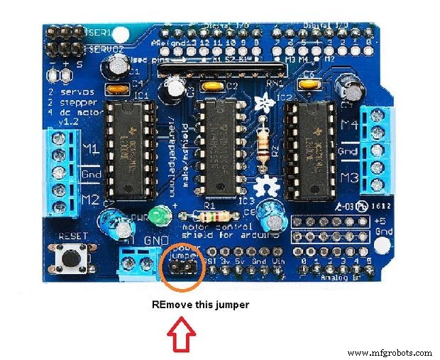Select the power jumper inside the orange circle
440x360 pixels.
(x=182, y=267)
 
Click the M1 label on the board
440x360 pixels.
(x=90, y=150)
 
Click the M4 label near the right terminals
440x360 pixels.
(x=348, y=126)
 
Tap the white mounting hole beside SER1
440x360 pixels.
(x=125, y=33)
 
